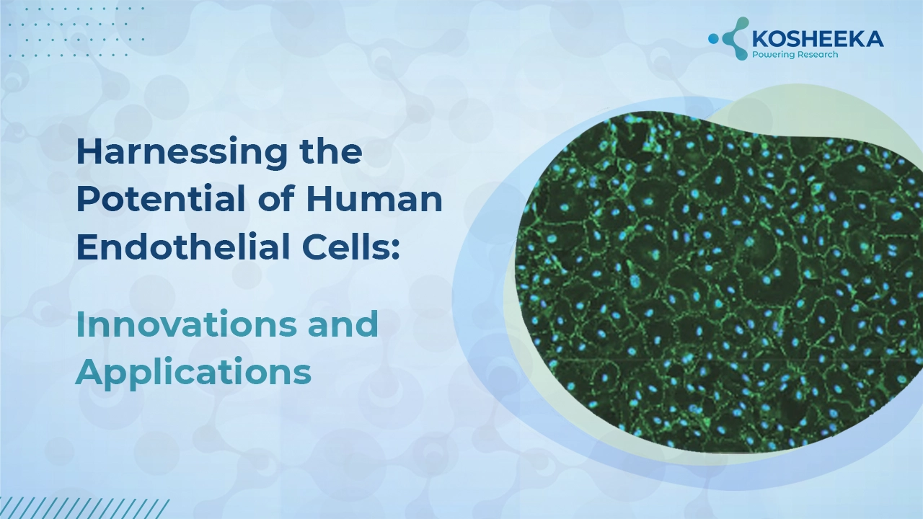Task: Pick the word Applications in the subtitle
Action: click(193, 372)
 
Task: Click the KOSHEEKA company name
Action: click(818, 40)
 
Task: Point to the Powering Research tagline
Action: click(795, 55)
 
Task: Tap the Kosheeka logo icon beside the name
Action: click(728, 38)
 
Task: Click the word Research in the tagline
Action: click(817, 55)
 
